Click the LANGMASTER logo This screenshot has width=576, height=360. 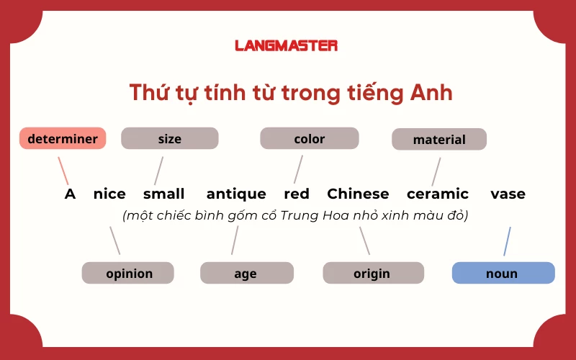coord(286,45)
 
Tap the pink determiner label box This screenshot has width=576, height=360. coord(63,138)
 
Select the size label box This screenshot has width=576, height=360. coord(169,138)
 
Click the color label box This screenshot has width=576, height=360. coord(309,138)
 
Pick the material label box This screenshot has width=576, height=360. coord(439,139)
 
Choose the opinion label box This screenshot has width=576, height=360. coord(128,273)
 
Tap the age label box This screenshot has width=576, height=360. coord(246,273)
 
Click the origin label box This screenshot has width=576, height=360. coord(372,273)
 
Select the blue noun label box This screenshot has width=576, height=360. coord(503,273)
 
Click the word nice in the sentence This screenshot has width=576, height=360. coord(109,194)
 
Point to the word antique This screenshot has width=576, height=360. coord(236,194)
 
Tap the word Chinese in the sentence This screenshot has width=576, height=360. coord(358,194)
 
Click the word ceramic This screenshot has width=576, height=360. coord(438,194)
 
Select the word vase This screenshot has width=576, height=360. coord(508,194)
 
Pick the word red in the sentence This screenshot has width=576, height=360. coord(297,194)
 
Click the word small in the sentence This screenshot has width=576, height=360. coord(163,194)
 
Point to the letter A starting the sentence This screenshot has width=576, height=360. coord(70,194)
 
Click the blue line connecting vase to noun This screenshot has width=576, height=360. coord(507,241)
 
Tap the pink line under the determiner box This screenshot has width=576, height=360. coord(63,171)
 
